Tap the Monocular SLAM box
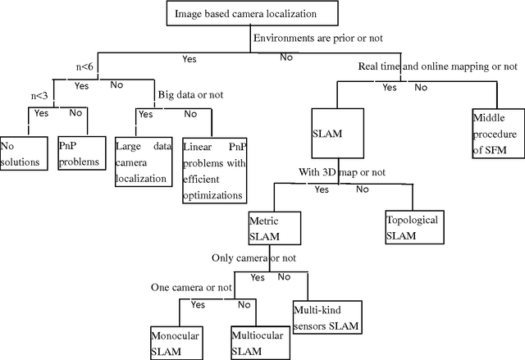pyautogui.click(x=175, y=342)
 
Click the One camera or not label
pyautogui.click(x=192, y=288)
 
